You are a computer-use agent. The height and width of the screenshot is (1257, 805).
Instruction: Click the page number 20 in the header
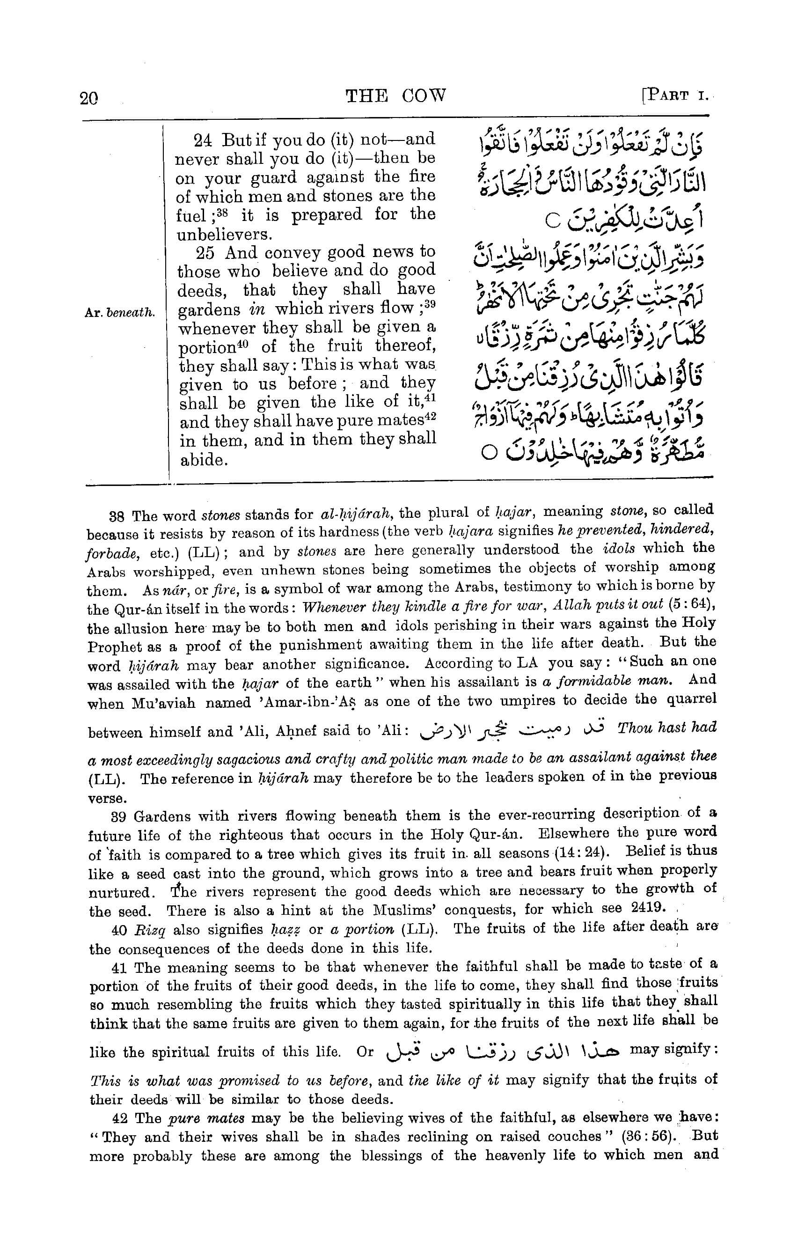tap(89, 98)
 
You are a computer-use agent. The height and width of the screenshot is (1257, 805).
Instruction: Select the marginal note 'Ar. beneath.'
tap(120, 313)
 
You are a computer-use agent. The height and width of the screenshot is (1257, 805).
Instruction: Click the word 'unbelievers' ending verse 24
tap(220, 234)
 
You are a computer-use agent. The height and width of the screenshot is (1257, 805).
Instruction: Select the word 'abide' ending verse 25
tap(203, 461)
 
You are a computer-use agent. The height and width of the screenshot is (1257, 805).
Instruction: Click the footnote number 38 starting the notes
tap(116, 516)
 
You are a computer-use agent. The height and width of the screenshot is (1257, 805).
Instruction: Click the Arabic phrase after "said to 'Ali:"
tap(513, 729)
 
